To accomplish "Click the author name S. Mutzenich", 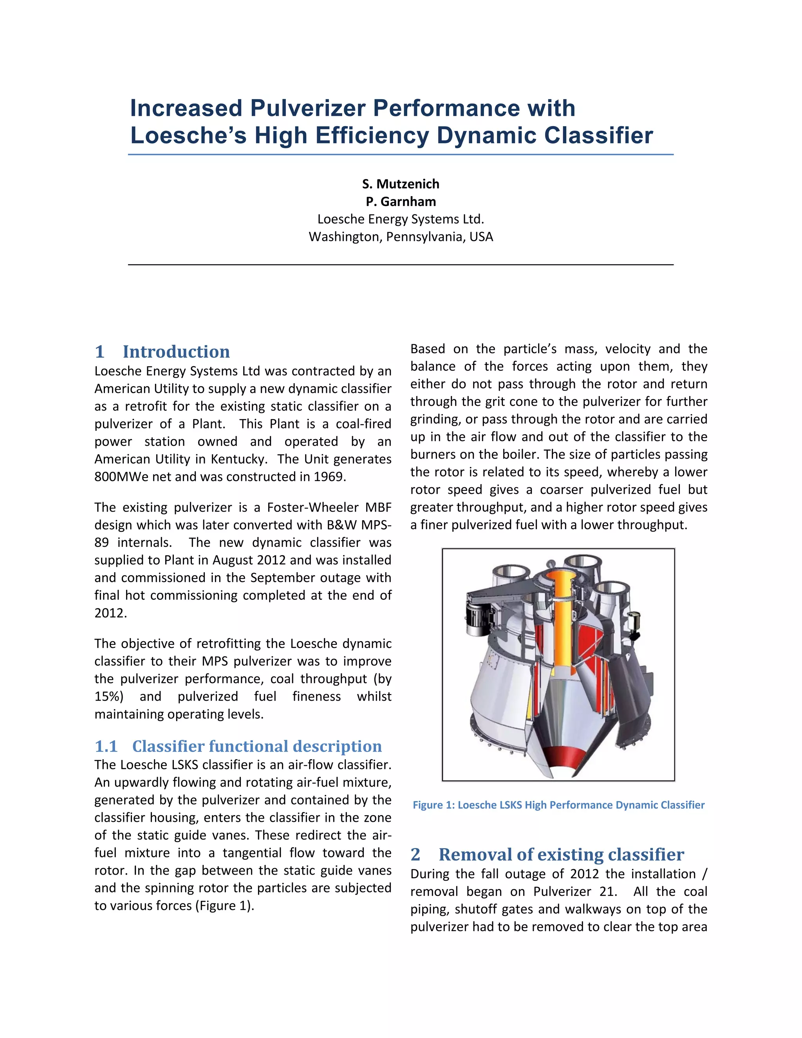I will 401,184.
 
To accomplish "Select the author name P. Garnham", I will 401,201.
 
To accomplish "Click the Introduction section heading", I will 176,352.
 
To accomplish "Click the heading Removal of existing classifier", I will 561,855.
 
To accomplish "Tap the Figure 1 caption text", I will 558,805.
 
